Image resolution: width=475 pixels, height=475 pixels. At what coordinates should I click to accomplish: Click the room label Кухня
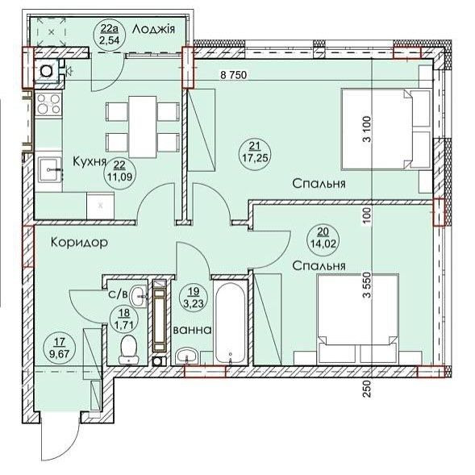pos(90,160)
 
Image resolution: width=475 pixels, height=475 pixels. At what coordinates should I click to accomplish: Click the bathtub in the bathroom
pos(230,323)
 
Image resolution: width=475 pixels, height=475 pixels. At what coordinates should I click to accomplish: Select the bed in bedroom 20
pos(358,319)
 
